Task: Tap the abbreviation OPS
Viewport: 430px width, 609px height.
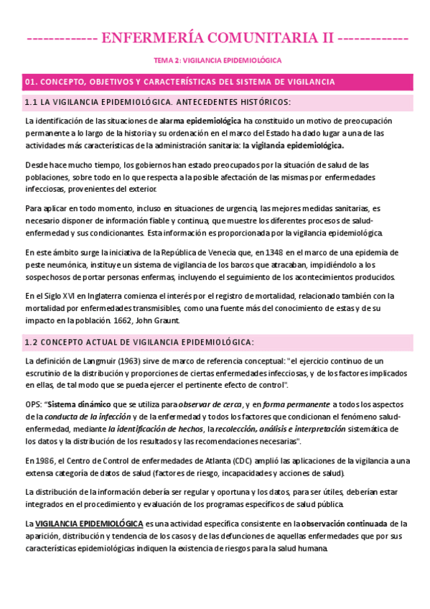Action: [x=33, y=404]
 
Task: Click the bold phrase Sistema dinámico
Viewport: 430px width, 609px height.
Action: [x=80, y=404]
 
